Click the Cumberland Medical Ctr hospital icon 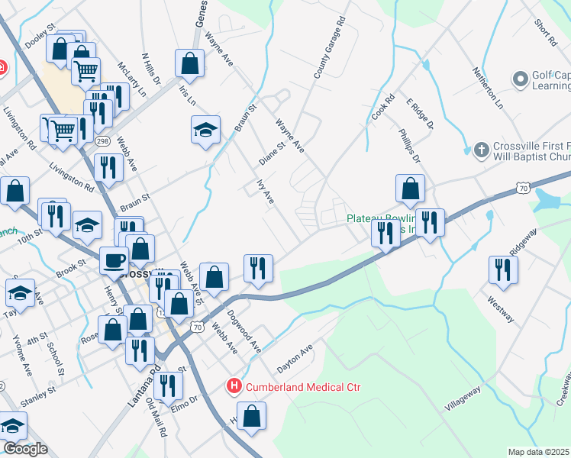[234, 387]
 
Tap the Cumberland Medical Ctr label [302, 387]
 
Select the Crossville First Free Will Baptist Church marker [481, 150]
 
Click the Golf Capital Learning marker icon [521, 79]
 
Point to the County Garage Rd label [330, 50]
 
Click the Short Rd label [546, 33]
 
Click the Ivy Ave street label [263, 192]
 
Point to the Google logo [25, 449]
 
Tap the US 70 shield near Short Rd [522, 187]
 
